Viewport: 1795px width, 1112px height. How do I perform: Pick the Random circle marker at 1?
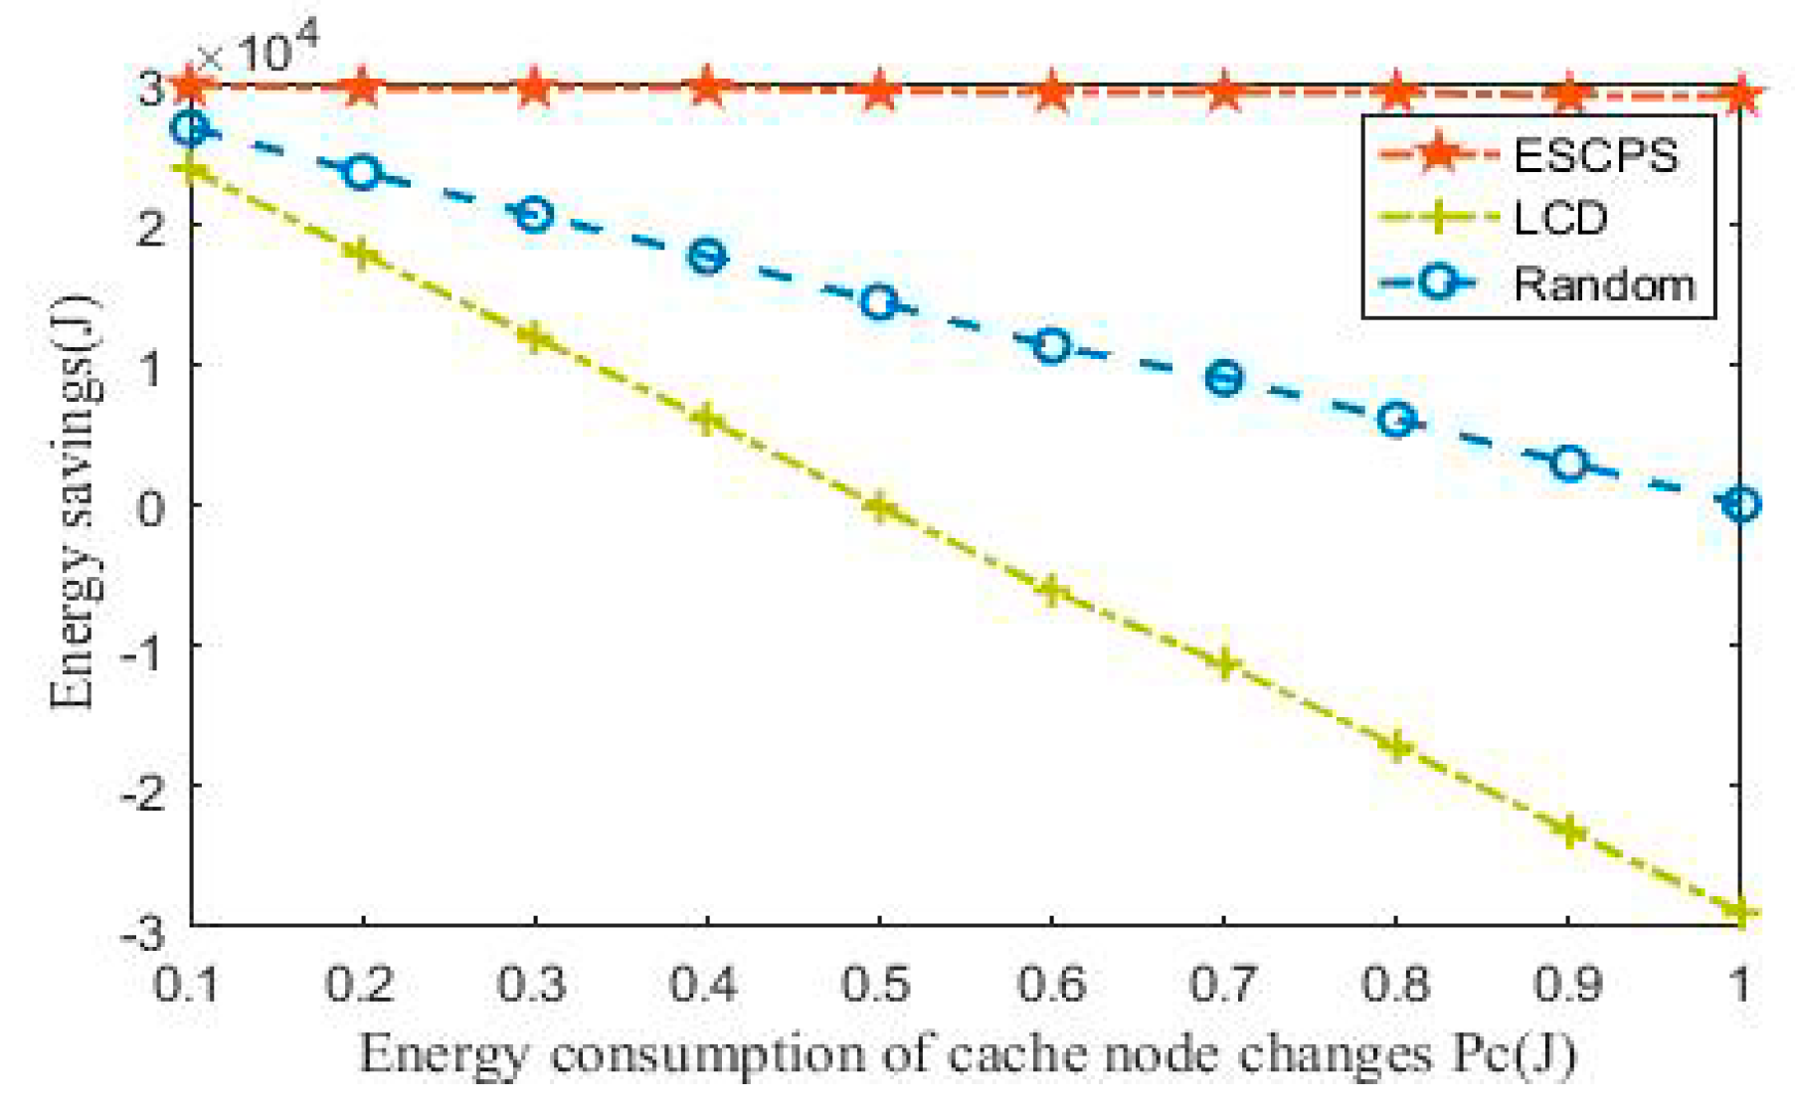tap(1740, 504)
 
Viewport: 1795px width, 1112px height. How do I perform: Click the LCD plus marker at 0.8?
tap(1396, 746)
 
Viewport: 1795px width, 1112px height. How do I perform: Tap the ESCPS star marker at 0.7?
tap(1224, 93)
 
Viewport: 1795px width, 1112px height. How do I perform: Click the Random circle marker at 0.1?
tap(191, 128)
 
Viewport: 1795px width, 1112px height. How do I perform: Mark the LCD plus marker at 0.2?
tap(362, 254)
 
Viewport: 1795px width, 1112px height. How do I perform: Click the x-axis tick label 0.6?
tap(1051, 985)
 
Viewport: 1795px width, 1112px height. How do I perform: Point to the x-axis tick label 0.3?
tap(533, 985)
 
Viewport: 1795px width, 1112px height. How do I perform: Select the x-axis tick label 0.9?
tap(1568, 985)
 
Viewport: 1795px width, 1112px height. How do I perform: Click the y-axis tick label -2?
tap(144, 786)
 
